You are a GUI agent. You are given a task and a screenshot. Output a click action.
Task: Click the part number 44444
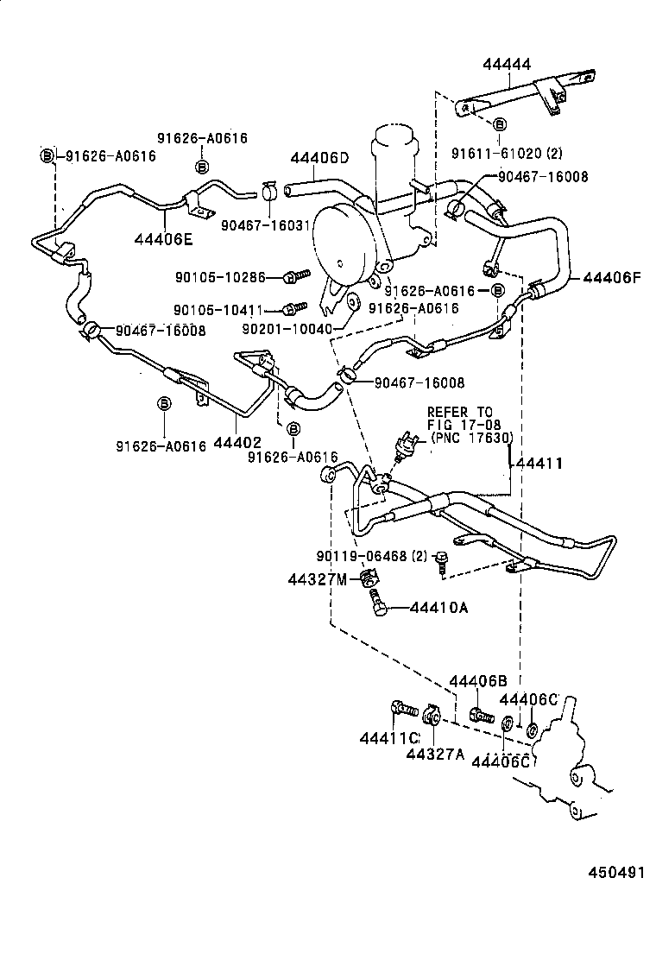pyautogui.click(x=507, y=64)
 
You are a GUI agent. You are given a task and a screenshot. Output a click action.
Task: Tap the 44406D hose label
pyautogui.click(x=319, y=158)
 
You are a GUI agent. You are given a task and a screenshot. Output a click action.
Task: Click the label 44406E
pyautogui.click(x=164, y=238)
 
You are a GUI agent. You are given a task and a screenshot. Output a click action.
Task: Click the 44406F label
pyautogui.click(x=613, y=278)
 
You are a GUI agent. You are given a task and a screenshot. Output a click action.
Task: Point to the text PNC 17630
pyautogui.click(x=471, y=438)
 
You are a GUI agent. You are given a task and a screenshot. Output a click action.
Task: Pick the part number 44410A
pyautogui.click(x=438, y=609)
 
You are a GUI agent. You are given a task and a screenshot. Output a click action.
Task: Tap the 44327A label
pyautogui.click(x=437, y=754)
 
